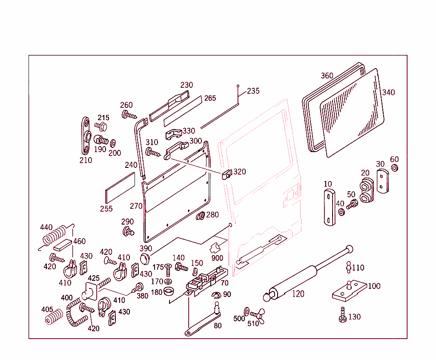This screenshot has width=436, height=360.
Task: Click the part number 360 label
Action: (x=327, y=76)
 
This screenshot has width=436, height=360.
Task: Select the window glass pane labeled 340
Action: (x=351, y=113)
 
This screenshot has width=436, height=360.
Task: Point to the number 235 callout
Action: (x=253, y=91)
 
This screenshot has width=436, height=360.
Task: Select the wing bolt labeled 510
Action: (x=257, y=315)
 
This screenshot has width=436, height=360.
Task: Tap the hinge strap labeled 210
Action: (x=86, y=136)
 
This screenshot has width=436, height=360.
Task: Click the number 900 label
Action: (x=217, y=258)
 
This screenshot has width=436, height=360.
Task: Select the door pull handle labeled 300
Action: (x=175, y=150)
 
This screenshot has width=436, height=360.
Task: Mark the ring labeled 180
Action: (x=169, y=292)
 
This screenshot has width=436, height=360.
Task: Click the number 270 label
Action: (x=136, y=206)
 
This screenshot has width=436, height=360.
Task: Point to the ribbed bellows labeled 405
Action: (x=53, y=317)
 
